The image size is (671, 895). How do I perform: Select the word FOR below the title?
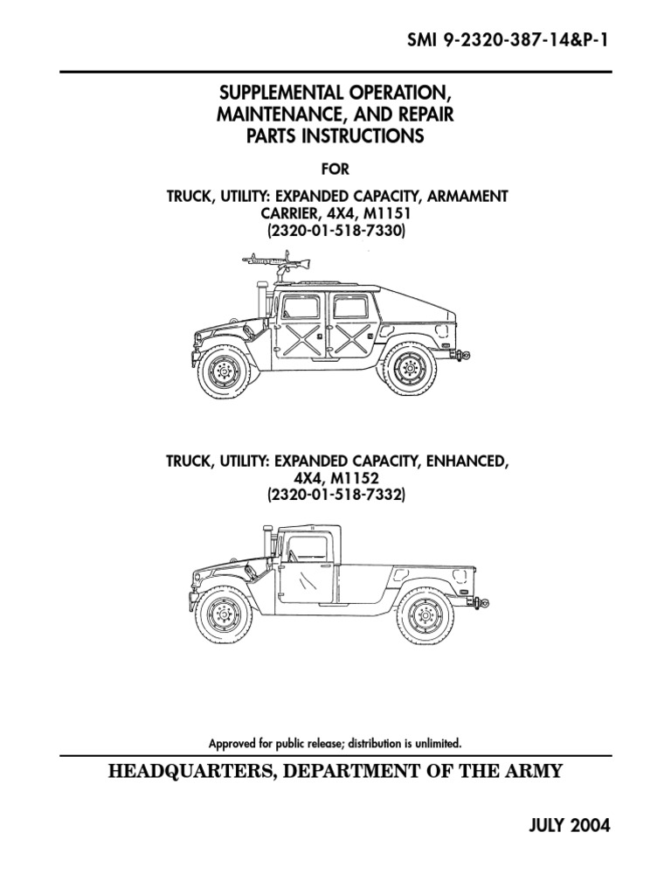[x=335, y=169]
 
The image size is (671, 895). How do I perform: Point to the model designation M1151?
[x=385, y=213]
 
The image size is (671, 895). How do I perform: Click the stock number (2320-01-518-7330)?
[x=335, y=231]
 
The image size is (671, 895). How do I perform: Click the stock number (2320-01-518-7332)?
[x=335, y=495]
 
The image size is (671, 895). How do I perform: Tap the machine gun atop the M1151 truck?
[x=277, y=266]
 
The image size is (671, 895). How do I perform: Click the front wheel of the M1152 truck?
[x=223, y=614]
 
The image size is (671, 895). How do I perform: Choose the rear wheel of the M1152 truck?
[x=425, y=616]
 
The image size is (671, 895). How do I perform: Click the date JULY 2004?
[x=570, y=825]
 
